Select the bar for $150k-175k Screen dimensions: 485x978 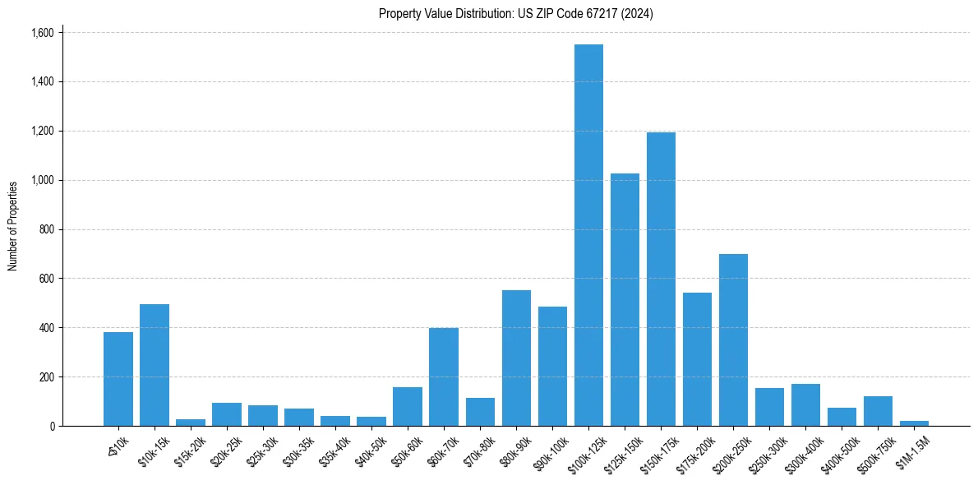[661, 279]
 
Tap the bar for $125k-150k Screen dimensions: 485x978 [625, 300]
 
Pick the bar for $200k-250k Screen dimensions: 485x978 [733, 340]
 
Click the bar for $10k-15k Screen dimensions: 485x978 [155, 365]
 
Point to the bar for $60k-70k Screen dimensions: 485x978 [444, 376]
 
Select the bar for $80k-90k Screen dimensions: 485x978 [516, 358]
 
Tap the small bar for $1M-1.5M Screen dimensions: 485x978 [914, 423]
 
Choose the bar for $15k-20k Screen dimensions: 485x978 [191, 423]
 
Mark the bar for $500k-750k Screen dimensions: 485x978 [878, 411]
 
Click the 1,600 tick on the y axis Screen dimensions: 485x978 [42, 33]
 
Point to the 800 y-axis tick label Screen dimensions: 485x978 [45, 229]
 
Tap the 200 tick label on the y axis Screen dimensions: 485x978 [45, 377]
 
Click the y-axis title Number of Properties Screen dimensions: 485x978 [13, 226]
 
